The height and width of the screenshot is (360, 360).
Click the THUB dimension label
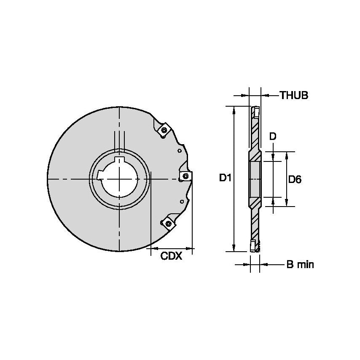(294, 96)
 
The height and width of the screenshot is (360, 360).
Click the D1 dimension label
(225, 178)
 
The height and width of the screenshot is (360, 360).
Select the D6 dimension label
(295, 180)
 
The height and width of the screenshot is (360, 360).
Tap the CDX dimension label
(171, 256)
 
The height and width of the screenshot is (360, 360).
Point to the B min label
(300, 265)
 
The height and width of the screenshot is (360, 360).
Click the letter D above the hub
(273, 136)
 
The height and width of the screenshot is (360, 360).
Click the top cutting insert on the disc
(164, 129)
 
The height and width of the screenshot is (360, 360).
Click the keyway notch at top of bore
(120, 160)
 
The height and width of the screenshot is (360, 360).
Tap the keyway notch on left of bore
(101, 175)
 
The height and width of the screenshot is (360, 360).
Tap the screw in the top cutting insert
(164, 130)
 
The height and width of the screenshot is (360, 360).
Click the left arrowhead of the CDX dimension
(153, 248)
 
